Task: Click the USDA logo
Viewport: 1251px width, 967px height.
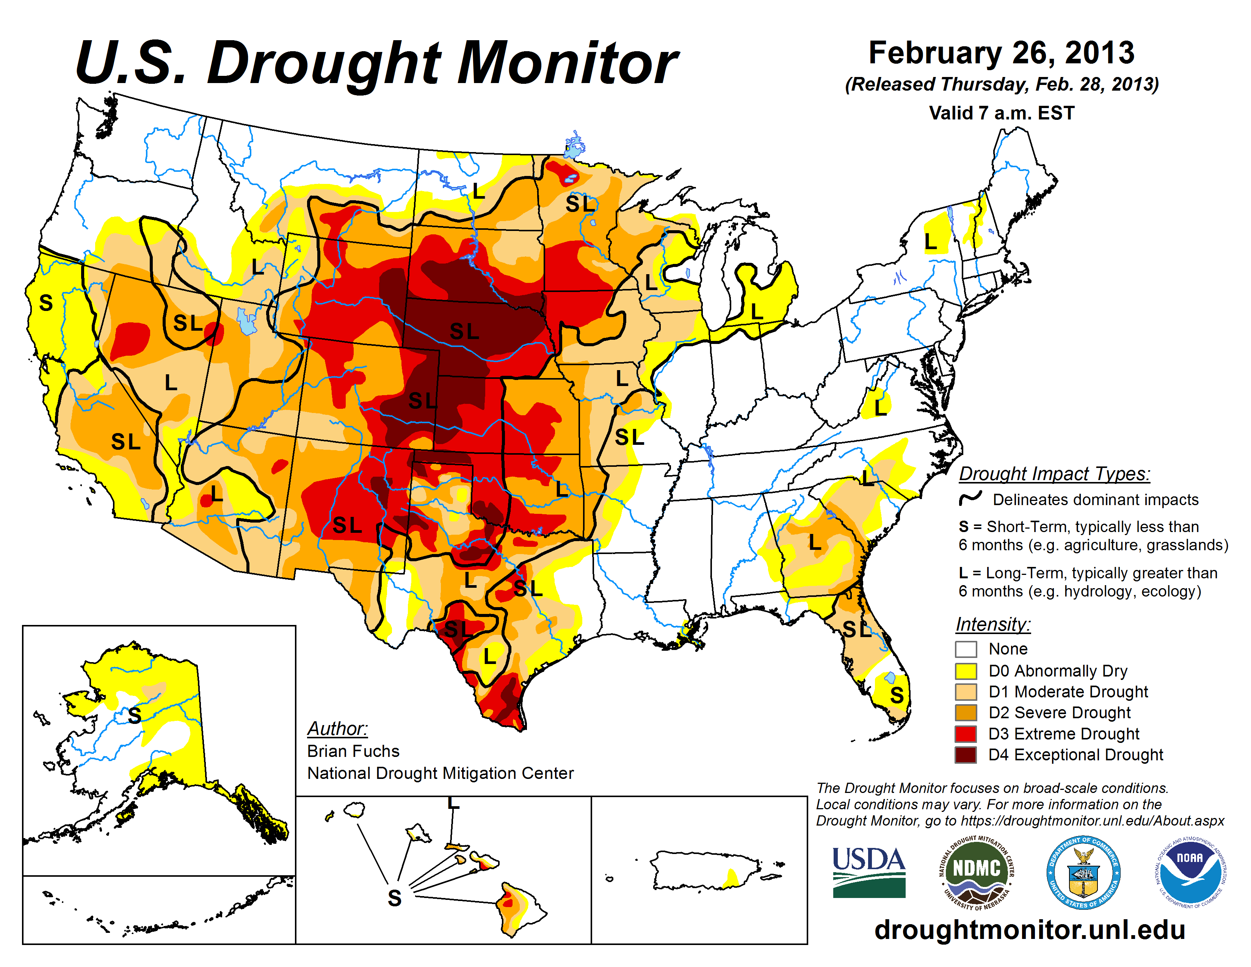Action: click(x=868, y=872)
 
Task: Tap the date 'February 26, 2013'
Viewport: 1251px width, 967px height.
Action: click(x=1001, y=53)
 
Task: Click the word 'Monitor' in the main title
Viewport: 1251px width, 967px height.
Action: click(x=567, y=63)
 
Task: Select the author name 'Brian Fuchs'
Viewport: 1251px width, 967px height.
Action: click(x=353, y=751)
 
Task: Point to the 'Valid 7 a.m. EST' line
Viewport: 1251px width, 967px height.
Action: click(x=1001, y=113)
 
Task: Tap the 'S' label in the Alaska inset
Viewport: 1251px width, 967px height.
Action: click(x=135, y=716)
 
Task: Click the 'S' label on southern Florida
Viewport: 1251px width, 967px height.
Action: click(x=897, y=695)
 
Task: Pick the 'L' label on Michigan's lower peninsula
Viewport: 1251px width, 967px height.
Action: click(x=757, y=312)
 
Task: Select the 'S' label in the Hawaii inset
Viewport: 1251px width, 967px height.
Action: click(x=395, y=898)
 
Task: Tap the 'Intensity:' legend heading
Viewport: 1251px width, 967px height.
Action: click(x=993, y=624)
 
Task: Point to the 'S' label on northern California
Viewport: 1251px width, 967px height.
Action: click(x=46, y=303)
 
